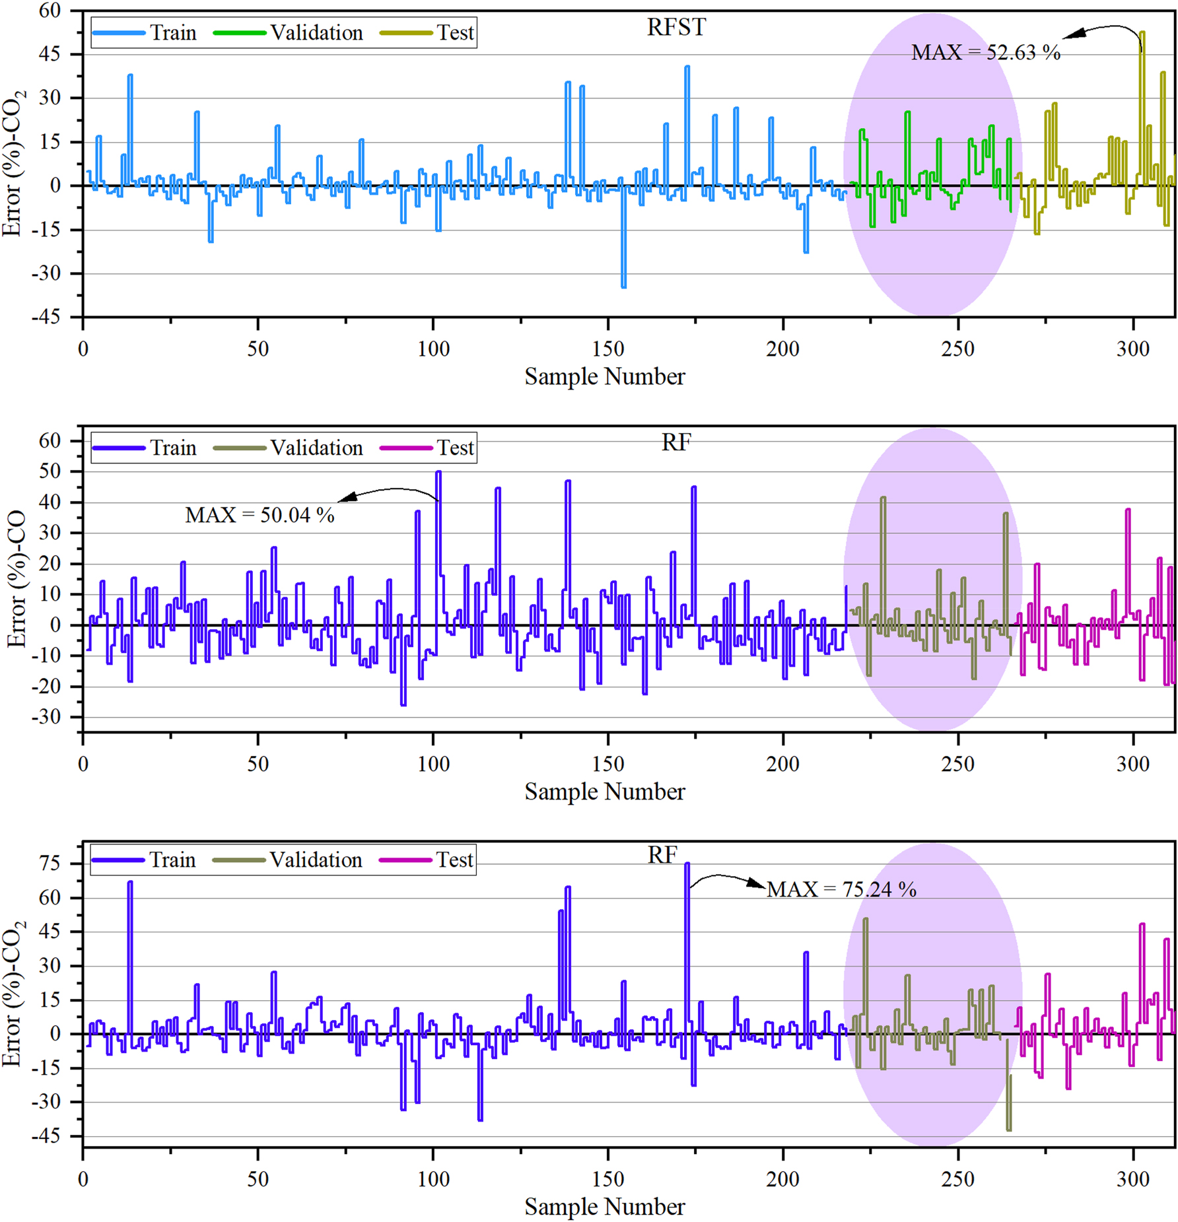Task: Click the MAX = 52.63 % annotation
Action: (985, 53)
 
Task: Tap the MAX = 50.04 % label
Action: (260, 515)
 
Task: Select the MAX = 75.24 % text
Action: (841, 889)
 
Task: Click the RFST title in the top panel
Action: (676, 27)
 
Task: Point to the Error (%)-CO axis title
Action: (16, 578)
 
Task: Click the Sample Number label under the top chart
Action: (604, 376)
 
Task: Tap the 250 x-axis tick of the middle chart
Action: (957, 764)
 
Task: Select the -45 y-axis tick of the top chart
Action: (46, 317)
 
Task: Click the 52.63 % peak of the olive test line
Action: (1142, 32)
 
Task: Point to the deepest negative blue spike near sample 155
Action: (623, 287)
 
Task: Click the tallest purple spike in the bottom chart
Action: (687, 864)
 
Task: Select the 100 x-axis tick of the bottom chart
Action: (433, 1179)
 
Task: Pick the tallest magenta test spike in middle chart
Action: (1128, 510)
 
